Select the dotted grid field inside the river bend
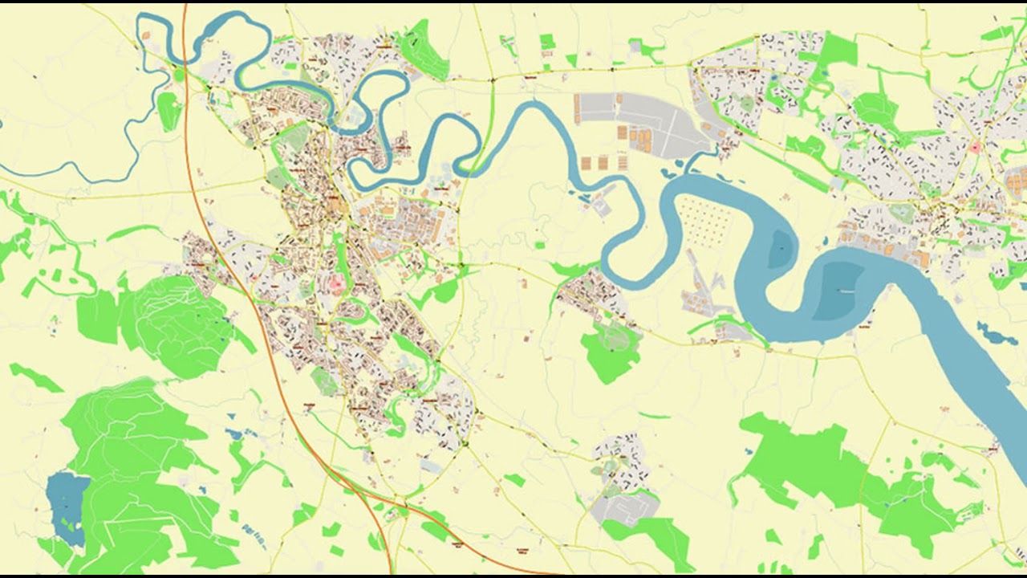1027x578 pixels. click(x=706, y=222)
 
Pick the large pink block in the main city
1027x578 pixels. click(x=335, y=283)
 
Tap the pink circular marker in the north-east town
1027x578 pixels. click(x=976, y=148)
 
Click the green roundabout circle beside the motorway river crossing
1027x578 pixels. click(x=178, y=75)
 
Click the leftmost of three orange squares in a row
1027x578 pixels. click(x=584, y=163)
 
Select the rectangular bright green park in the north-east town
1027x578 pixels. click(x=838, y=50)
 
